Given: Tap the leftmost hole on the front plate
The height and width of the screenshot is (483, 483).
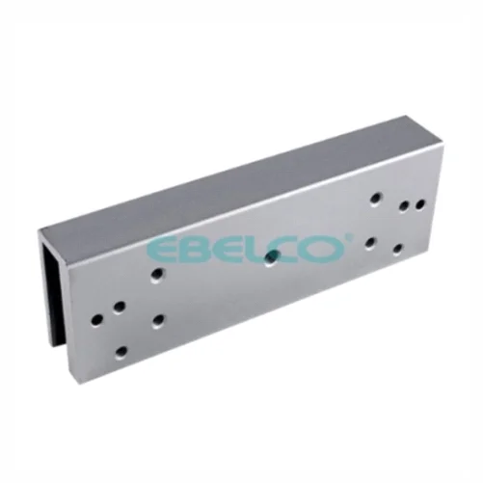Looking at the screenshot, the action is pos(97,319).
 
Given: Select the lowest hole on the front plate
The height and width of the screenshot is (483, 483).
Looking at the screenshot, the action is pos(121,353).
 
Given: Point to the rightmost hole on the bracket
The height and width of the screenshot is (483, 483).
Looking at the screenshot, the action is pos(419,204).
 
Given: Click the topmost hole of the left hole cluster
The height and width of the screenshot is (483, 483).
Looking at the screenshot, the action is pos(157,275).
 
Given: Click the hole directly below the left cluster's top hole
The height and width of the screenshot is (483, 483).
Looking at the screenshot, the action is pos(157,321).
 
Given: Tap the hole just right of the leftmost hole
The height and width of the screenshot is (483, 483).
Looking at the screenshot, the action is pos(119,308).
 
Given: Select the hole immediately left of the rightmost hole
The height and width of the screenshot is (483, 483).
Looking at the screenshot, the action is pos(404,207).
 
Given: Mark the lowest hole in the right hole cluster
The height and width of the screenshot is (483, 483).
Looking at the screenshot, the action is pos(398,249).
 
